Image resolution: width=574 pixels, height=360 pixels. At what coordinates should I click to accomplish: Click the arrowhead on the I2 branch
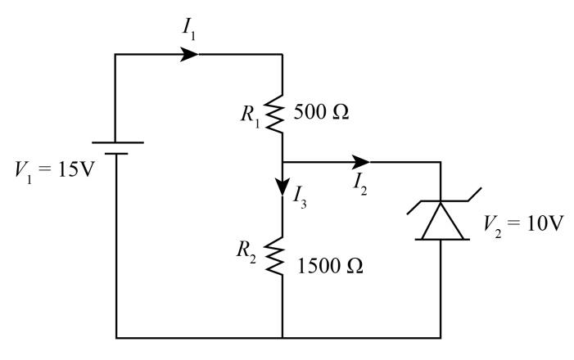(x=360, y=162)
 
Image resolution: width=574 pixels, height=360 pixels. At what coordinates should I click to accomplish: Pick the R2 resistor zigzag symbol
(x=282, y=254)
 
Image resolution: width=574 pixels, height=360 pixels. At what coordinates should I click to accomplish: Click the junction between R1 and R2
(x=282, y=162)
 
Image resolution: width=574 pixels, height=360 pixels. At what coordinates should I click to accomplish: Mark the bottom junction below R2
(x=282, y=336)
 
